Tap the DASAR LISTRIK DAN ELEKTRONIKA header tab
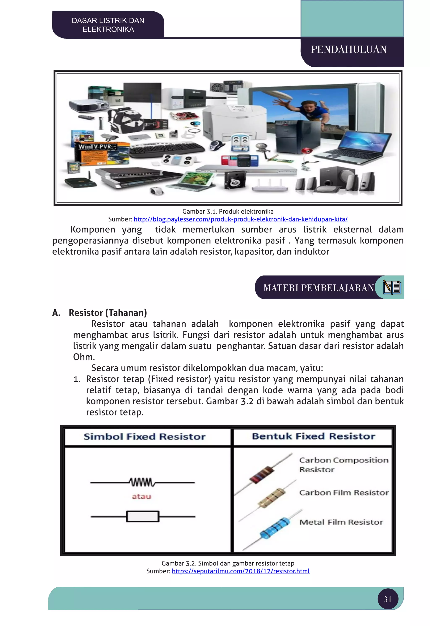108,25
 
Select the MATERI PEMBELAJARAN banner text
319,288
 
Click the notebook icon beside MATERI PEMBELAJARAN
392,287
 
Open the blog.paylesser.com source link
240,219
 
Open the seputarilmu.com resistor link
241,571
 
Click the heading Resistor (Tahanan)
107,313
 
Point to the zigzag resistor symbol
142,482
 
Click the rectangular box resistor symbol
143,517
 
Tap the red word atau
142,496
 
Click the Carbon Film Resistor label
344,493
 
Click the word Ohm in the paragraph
84,357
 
